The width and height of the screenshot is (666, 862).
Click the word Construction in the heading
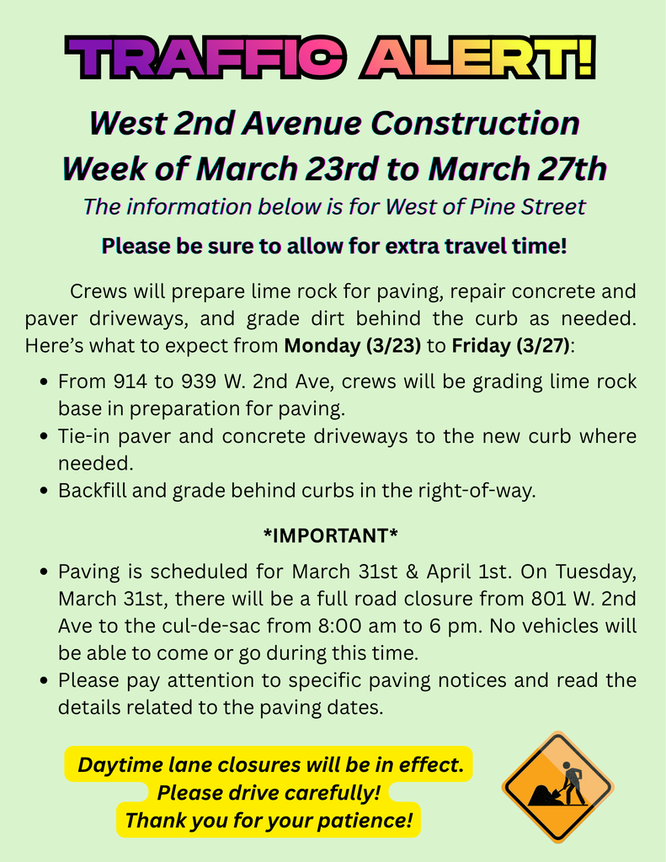pos(475,124)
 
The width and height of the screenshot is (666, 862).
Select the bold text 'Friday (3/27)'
pos(510,345)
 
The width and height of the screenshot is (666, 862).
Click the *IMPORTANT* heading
pos(331,535)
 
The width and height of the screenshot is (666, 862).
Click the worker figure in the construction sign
pos(573,781)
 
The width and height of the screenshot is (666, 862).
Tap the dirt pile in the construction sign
pos(542,794)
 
